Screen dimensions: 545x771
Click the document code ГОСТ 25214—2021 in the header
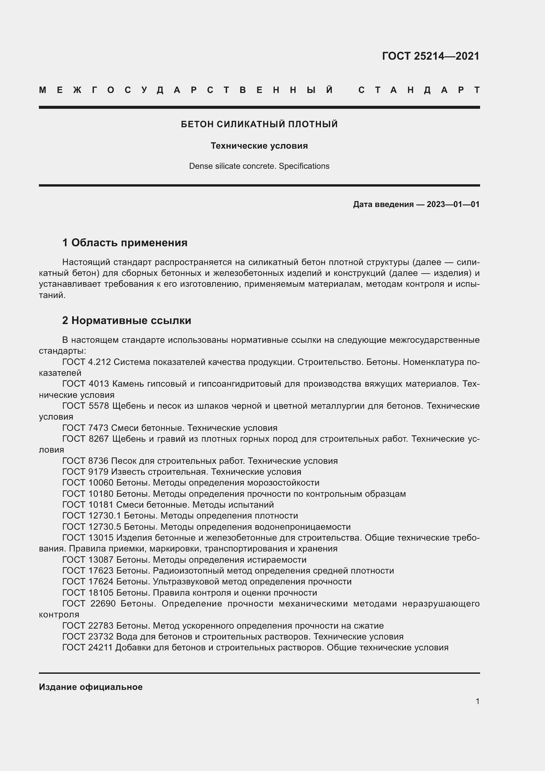coord(431,56)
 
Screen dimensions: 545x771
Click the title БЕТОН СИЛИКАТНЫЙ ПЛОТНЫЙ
coord(259,124)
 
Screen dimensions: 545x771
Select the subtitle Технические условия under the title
coord(259,146)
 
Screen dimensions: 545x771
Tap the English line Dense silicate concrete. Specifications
coord(259,166)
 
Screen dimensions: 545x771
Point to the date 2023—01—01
coord(453,204)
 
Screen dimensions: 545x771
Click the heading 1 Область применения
coord(125,243)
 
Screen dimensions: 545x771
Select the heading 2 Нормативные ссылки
coord(127,320)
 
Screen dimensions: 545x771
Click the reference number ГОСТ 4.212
coord(87,362)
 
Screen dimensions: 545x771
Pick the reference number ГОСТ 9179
coord(85,472)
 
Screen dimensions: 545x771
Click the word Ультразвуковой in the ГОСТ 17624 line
coord(186,581)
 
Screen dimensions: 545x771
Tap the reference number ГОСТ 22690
coord(89,604)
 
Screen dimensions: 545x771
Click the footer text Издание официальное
coord(91,687)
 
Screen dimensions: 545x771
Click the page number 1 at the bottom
coord(477,701)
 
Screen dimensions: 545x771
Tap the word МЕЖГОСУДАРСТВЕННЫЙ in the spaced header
coord(186,90)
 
